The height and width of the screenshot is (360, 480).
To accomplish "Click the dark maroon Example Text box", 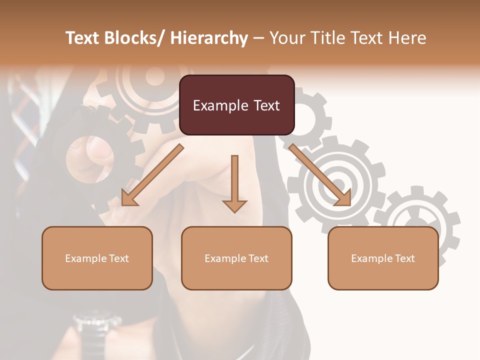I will [x=236, y=105].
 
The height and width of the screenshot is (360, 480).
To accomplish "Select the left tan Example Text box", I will [x=97, y=258].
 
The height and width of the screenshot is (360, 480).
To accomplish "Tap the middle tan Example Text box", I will [x=236, y=258].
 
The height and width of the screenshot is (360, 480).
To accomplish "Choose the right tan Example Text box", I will [x=383, y=258].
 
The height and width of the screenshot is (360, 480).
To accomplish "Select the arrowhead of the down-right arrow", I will [x=343, y=198].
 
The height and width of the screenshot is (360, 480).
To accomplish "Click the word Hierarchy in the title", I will [x=209, y=38].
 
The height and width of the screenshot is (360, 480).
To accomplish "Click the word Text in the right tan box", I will [x=405, y=258].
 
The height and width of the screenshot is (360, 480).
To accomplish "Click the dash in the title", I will [x=258, y=38].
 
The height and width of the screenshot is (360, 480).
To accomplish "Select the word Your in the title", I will [x=286, y=38].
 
